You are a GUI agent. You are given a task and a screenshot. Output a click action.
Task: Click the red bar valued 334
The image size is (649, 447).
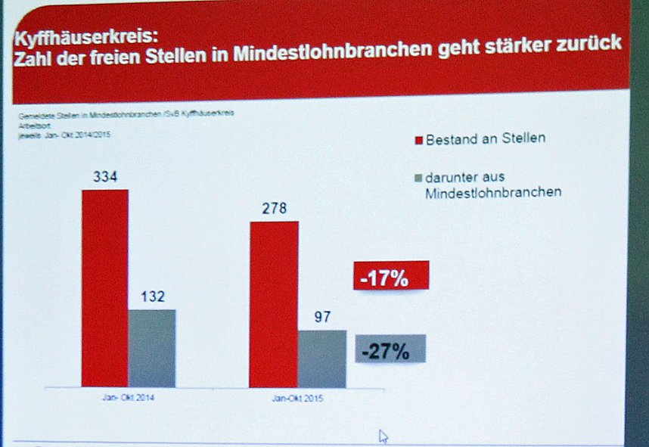click(105, 287)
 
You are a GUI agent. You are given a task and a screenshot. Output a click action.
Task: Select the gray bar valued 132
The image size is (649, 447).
click(151, 348)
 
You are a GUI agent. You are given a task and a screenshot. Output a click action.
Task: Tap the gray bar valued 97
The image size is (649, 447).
click(321, 359)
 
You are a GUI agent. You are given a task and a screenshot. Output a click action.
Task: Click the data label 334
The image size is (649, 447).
click(105, 177)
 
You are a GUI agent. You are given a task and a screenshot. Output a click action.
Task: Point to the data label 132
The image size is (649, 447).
click(151, 296)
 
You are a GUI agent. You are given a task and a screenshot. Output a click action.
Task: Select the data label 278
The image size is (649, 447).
click(274, 209)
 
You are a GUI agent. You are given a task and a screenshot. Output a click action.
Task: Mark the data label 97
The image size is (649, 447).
click(322, 317)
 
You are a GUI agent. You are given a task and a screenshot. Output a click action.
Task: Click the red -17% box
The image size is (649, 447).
click(390, 276)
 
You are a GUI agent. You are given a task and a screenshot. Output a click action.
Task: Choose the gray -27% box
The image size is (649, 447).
click(390, 349)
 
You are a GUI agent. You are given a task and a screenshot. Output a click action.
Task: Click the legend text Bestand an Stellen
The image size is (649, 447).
click(485, 139)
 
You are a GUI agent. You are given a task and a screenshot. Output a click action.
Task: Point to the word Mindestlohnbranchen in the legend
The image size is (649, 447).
click(492, 193)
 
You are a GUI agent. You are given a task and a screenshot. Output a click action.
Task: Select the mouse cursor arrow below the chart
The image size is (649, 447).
click(383, 436)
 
